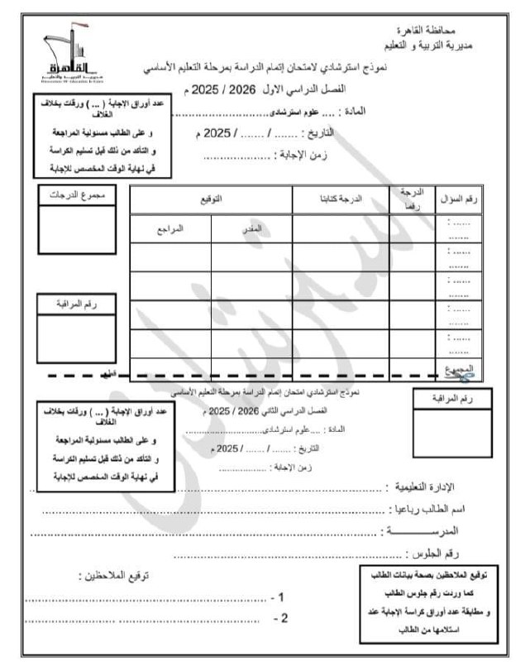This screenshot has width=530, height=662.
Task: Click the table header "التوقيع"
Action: point(212,199)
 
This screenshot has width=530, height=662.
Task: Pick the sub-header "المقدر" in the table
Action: point(254,227)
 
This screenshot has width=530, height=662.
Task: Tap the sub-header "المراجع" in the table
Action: point(170,227)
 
